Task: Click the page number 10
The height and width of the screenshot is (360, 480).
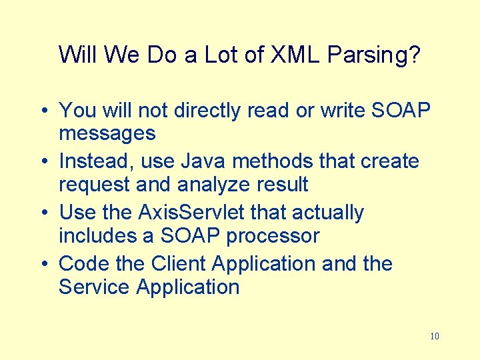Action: [435, 336]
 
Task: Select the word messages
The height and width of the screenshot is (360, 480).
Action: [107, 133]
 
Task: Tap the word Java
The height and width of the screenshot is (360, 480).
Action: [203, 161]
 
